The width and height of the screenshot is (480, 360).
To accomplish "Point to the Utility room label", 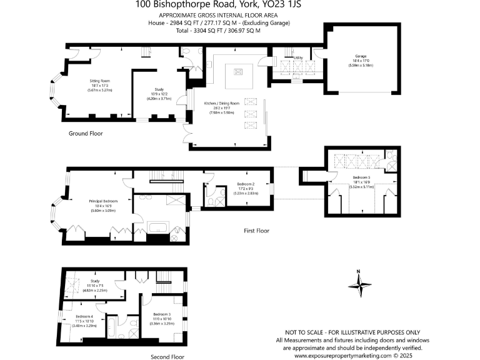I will [x=299, y=57].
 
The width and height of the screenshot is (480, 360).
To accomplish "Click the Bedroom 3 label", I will [x=161, y=315].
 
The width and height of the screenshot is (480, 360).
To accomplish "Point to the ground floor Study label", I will [x=159, y=90].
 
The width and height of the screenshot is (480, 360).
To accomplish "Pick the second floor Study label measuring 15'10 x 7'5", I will [x=99, y=282].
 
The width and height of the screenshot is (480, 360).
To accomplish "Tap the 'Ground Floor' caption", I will [x=86, y=133].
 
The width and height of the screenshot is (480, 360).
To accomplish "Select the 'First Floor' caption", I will [x=256, y=231].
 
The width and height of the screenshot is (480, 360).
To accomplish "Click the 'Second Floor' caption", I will [x=167, y=357].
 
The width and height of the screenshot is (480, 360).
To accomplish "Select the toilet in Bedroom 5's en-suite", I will [x=389, y=155].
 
